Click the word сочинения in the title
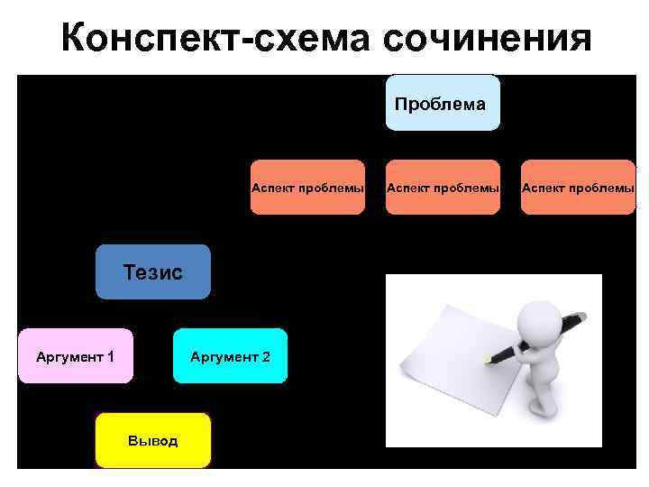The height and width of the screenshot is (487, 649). (487, 39)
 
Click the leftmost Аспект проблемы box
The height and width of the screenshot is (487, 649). (307, 187)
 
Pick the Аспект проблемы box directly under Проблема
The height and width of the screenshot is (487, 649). (442, 187)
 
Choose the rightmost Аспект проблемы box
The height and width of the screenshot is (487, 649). (578, 187)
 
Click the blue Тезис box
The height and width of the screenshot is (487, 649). (153, 271)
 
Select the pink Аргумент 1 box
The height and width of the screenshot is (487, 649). (75, 356)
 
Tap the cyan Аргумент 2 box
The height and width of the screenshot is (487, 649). (230, 356)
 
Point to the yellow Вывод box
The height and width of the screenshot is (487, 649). (153, 440)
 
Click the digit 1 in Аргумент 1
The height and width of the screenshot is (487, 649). (110, 357)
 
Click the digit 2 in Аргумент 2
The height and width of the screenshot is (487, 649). (265, 357)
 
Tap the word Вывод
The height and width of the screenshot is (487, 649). (153, 441)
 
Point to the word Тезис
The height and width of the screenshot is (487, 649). (153, 271)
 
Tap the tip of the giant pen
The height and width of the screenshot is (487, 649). (488, 360)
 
